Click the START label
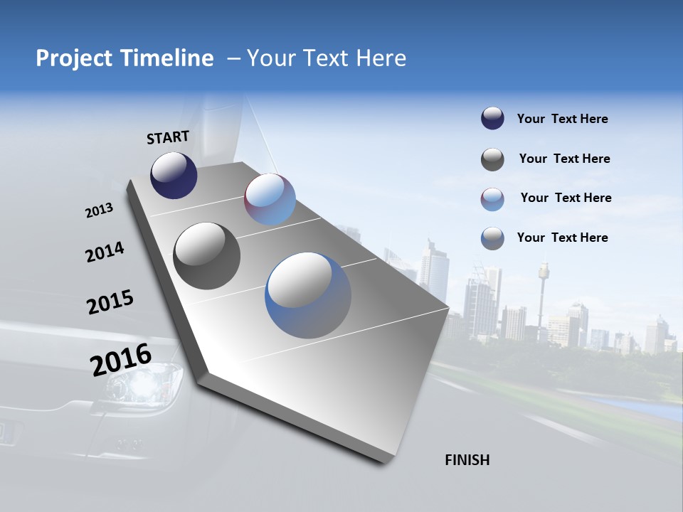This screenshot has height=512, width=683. tap(168, 137)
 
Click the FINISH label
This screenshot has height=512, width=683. tap(467, 460)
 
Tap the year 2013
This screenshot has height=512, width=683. tap(99, 210)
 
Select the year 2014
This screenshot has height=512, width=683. tap(105, 252)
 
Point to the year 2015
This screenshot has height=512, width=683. tap(110, 302)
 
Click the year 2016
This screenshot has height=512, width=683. tap(121, 360)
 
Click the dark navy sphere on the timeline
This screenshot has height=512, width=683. tap(174, 176)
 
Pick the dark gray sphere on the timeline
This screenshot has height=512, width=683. tap(207, 256)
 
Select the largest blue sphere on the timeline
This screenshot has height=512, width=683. tap(308, 295)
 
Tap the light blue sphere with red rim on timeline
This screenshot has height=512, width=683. tap(270, 199)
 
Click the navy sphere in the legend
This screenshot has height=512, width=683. tap(492, 119)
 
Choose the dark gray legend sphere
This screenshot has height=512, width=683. tap(492, 159)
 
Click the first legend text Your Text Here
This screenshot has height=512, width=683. tap(562, 119)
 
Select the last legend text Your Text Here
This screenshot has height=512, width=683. tap(562, 238)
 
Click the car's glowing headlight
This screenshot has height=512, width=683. tap(141, 384)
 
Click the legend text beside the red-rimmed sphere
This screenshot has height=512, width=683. tap(566, 198)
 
